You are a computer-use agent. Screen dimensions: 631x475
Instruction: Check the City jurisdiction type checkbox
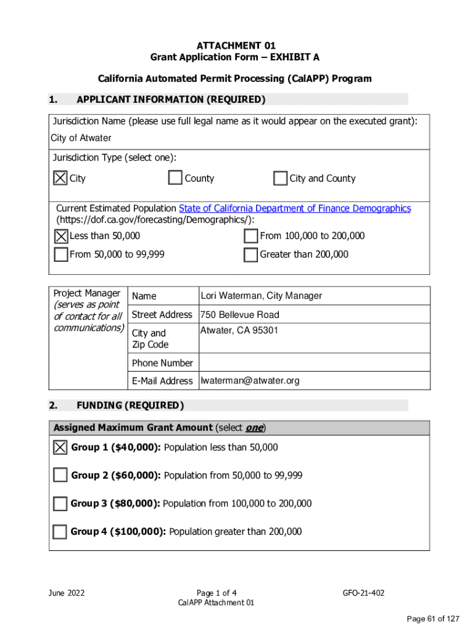click(x=60, y=178)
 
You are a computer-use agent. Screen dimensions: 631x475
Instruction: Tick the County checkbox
click(x=175, y=178)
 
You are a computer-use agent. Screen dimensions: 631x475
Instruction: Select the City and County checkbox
click(x=280, y=178)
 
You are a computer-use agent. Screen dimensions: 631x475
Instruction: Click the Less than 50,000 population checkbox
click(x=61, y=236)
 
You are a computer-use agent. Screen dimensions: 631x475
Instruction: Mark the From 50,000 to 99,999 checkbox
click(x=61, y=254)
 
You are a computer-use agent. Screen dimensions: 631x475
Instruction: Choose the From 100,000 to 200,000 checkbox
click(x=250, y=236)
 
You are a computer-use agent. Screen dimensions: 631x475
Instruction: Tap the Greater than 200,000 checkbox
click(x=250, y=254)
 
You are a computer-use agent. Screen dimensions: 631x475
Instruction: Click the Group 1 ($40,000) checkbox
click(x=60, y=447)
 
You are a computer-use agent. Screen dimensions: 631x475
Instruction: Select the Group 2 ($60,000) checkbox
click(x=60, y=475)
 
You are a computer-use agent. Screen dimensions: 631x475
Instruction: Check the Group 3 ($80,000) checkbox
click(x=60, y=503)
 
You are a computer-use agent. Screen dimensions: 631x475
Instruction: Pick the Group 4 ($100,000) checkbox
click(x=60, y=532)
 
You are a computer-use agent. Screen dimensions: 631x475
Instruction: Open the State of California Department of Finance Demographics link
click(x=294, y=208)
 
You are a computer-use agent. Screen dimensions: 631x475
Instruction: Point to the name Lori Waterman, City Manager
click(x=261, y=296)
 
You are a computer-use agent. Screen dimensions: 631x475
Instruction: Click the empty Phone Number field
click(x=313, y=362)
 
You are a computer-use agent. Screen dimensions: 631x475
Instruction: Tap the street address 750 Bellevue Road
click(x=239, y=314)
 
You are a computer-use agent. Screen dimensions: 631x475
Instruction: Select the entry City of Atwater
click(x=81, y=138)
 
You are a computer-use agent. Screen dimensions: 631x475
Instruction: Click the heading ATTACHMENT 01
click(x=236, y=46)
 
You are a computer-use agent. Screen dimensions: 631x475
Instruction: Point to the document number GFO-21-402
click(x=363, y=593)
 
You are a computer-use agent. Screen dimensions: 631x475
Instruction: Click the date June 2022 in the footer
click(x=67, y=593)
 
